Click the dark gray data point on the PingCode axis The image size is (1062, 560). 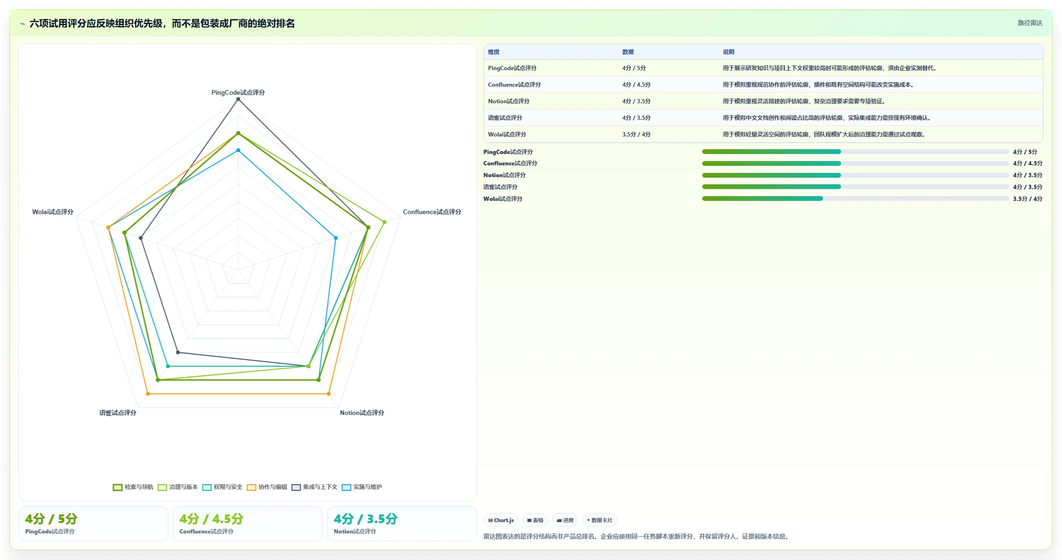click(x=238, y=99)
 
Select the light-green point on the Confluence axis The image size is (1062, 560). click(x=385, y=222)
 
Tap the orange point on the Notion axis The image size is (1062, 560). click(x=329, y=394)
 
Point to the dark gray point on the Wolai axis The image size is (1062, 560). click(x=140, y=238)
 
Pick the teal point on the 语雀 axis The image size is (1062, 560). click(x=168, y=366)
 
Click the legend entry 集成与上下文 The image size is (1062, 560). click(x=314, y=487)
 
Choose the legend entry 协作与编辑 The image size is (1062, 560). click(x=267, y=487)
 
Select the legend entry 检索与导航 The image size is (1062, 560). click(x=133, y=487)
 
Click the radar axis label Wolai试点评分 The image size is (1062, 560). click(x=53, y=212)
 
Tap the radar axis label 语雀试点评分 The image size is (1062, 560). click(x=118, y=413)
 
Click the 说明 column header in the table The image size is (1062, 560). click(x=728, y=52)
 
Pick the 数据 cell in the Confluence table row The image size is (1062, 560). click(x=636, y=85)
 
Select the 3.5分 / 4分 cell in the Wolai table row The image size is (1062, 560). click(x=636, y=135)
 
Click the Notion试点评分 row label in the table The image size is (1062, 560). click(x=509, y=101)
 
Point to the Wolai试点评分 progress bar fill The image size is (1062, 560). click(x=762, y=199)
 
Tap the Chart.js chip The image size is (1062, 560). click(x=501, y=520)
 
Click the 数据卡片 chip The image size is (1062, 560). click(x=599, y=520)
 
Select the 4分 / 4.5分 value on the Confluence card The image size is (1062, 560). click(x=211, y=519)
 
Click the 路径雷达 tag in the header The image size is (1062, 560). click(x=1030, y=23)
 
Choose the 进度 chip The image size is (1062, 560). click(x=565, y=520)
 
